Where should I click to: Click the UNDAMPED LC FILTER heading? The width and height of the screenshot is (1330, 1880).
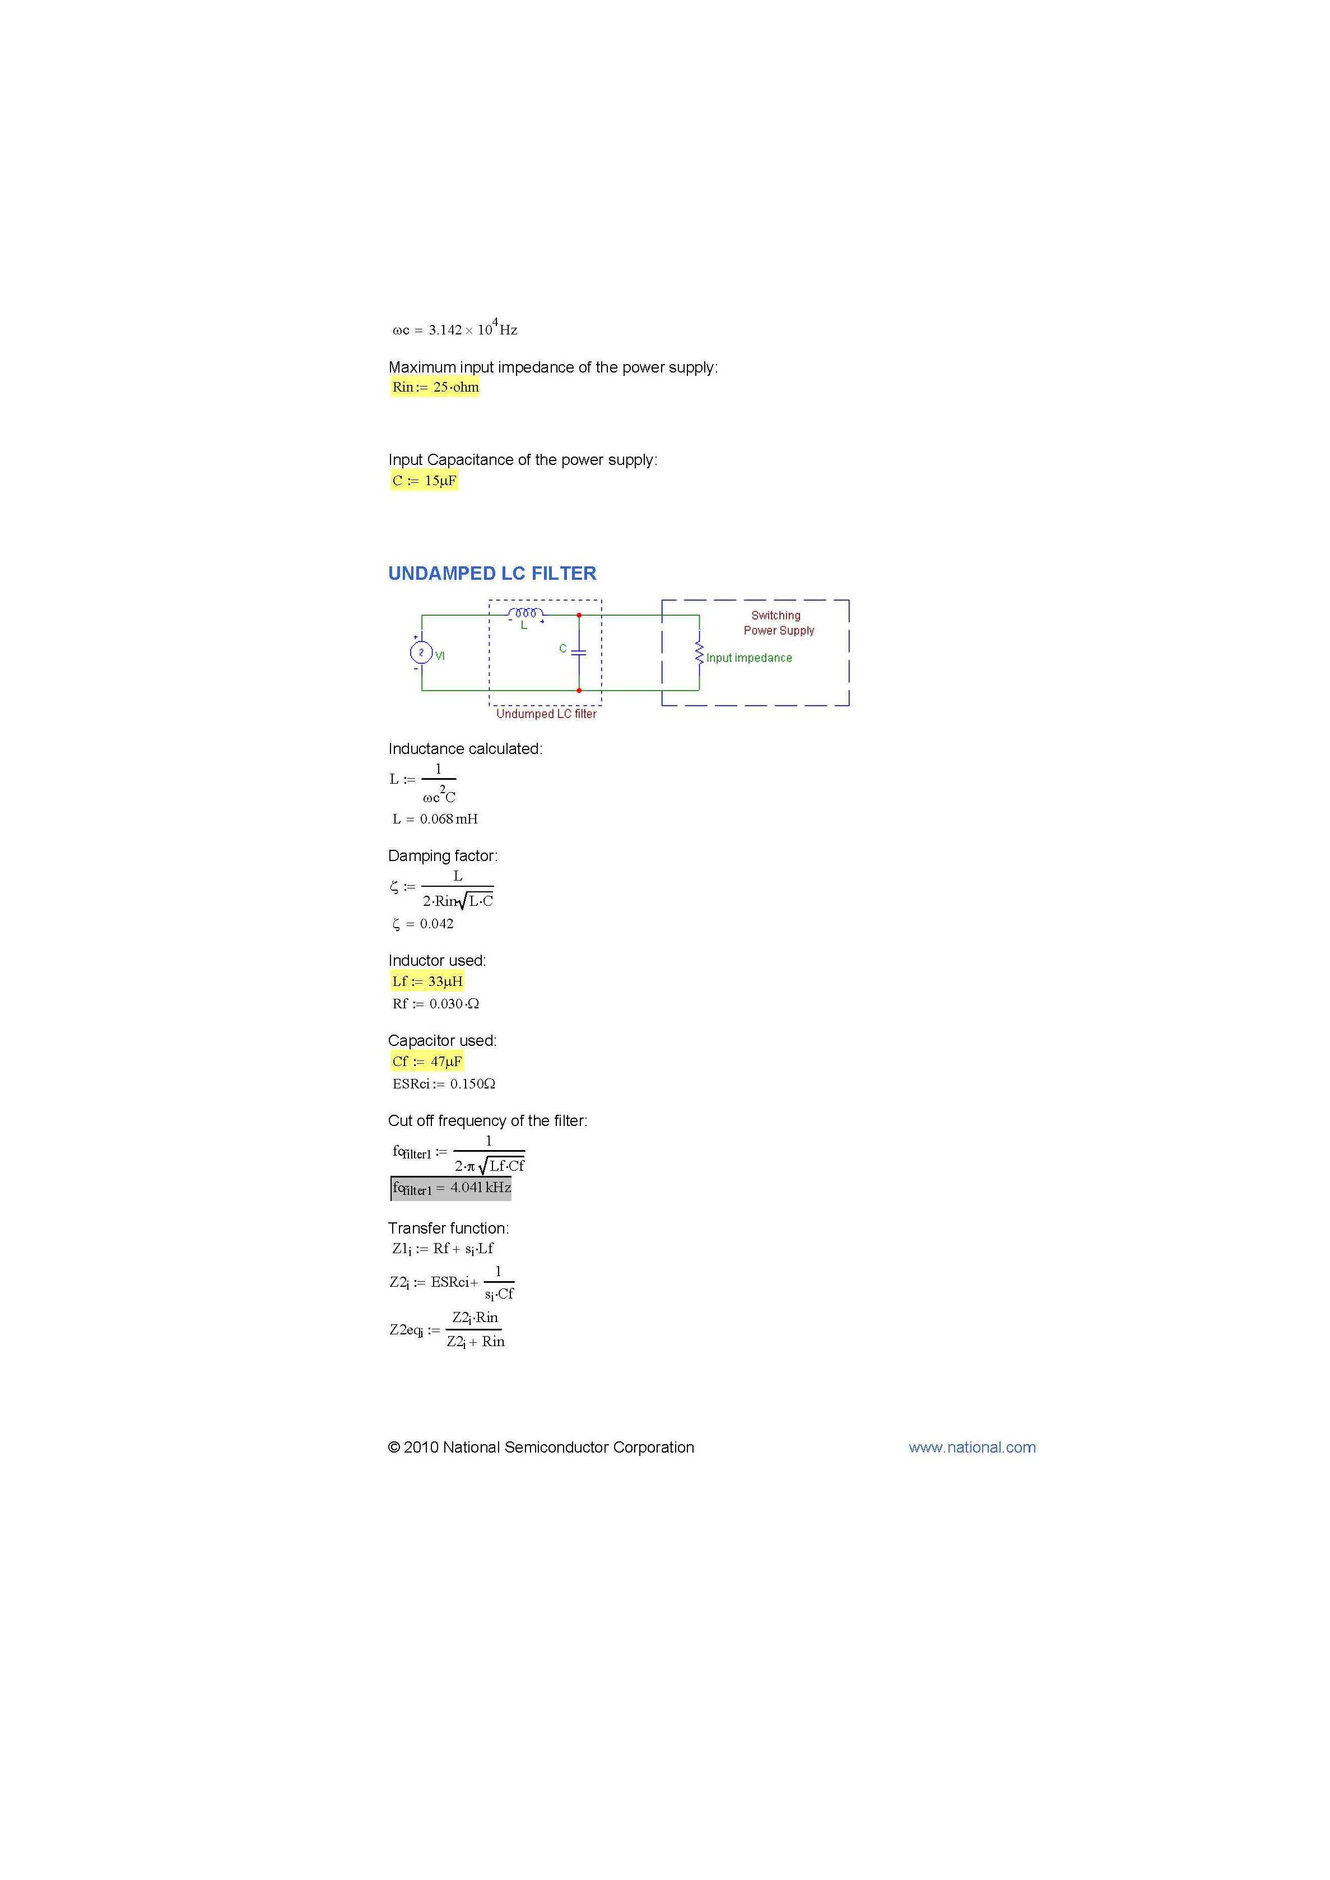pyautogui.click(x=492, y=573)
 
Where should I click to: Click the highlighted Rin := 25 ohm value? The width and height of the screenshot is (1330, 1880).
pyautogui.click(x=435, y=387)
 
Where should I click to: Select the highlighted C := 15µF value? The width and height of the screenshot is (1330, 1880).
pyautogui.click(x=424, y=481)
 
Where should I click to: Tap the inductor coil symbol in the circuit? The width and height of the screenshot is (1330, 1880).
pyautogui.click(x=525, y=613)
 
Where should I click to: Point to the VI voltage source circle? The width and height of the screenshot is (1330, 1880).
pyautogui.click(x=421, y=653)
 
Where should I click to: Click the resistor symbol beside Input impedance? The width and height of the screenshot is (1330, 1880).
pyautogui.click(x=699, y=653)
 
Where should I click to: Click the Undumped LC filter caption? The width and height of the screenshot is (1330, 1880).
pyautogui.click(x=546, y=714)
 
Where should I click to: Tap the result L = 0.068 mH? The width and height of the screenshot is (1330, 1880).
pyautogui.click(x=435, y=819)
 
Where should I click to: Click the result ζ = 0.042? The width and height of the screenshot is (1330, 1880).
pyautogui.click(x=422, y=924)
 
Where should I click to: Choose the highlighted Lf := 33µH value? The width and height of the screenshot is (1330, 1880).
pyautogui.click(x=427, y=981)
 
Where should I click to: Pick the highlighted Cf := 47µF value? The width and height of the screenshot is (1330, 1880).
pyautogui.click(x=427, y=1061)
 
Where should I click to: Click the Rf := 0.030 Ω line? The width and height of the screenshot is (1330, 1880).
pyautogui.click(x=435, y=1004)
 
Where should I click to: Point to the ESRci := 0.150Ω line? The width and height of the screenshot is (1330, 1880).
pyautogui.click(x=443, y=1084)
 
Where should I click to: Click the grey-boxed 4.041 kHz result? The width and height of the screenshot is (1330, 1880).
pyautogui.click(x=451, y=1188)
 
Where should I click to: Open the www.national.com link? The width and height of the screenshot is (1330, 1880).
pyautogui.click(x=971, y=1448)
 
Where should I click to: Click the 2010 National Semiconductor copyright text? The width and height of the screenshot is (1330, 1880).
pyautogui.click(x=541, y=1448)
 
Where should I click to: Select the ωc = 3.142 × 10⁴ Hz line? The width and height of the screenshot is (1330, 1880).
pyautogui.click(x=454, y=329)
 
